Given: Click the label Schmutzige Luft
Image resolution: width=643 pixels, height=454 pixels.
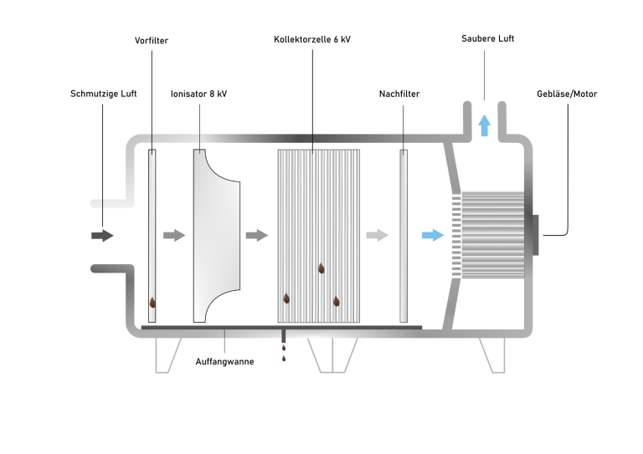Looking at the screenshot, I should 103,94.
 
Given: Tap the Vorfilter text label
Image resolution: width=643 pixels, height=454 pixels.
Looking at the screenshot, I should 152,40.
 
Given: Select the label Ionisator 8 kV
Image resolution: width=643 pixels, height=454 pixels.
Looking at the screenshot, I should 198,94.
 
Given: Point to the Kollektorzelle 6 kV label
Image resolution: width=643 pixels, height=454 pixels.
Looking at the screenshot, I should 312,40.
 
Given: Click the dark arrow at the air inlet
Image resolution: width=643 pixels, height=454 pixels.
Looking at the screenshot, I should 101,236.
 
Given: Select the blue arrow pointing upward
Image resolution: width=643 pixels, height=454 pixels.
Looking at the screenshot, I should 484,125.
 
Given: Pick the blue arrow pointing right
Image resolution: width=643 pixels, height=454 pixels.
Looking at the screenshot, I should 432,235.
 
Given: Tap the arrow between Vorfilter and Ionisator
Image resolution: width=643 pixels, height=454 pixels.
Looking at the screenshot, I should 173,236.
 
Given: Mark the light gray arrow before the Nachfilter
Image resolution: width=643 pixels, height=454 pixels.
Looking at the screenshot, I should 378,235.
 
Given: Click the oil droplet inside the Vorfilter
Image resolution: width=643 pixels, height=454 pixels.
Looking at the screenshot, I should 152,304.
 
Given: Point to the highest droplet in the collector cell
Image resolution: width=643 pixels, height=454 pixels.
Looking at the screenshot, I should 321,268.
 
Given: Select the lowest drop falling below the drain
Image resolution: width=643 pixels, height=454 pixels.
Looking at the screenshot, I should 284,360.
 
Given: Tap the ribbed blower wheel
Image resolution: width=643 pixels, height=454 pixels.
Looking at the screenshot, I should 493,235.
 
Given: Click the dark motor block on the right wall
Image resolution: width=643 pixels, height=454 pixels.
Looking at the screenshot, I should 534,235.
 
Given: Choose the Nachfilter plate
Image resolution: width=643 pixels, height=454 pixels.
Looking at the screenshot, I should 404,236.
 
